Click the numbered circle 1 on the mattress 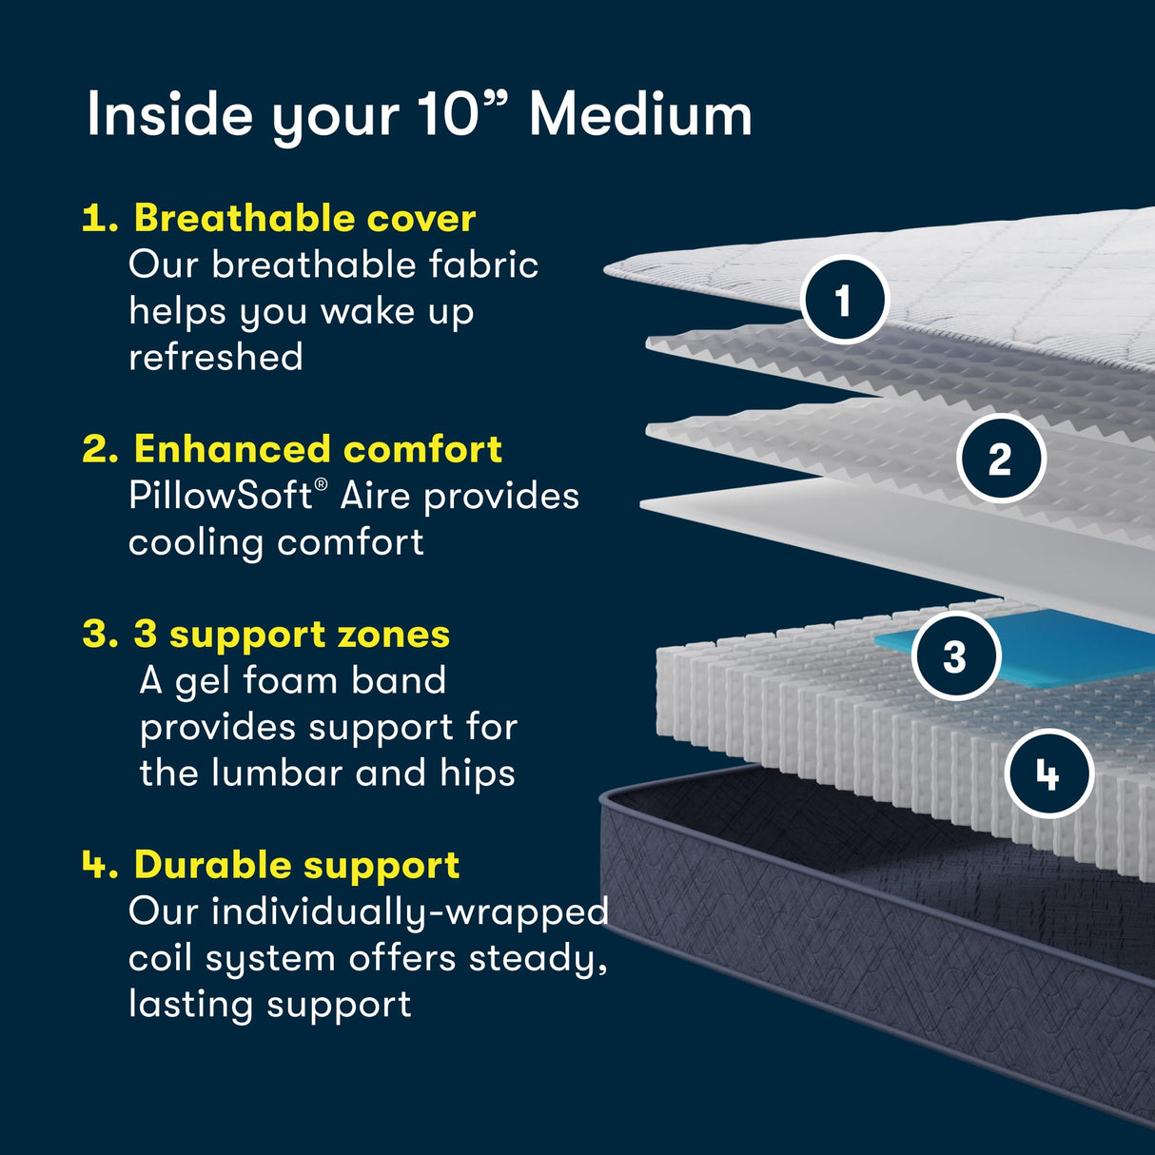pos(844,301)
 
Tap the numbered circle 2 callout pos(1000,460)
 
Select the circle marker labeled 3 pos(955,656)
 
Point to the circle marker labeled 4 pos(1048,773)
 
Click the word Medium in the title pos(640,115)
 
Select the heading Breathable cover pos(304,218)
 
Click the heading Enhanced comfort pos(318,449)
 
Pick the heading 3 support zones pos(291,635)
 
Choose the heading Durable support pos(297,865)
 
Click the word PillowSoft pos(220,496)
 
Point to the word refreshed pos(216,358)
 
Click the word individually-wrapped pos(409,912)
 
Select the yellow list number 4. pos(97,865)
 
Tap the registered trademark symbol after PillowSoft pos(322,485)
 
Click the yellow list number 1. pos(98,219)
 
